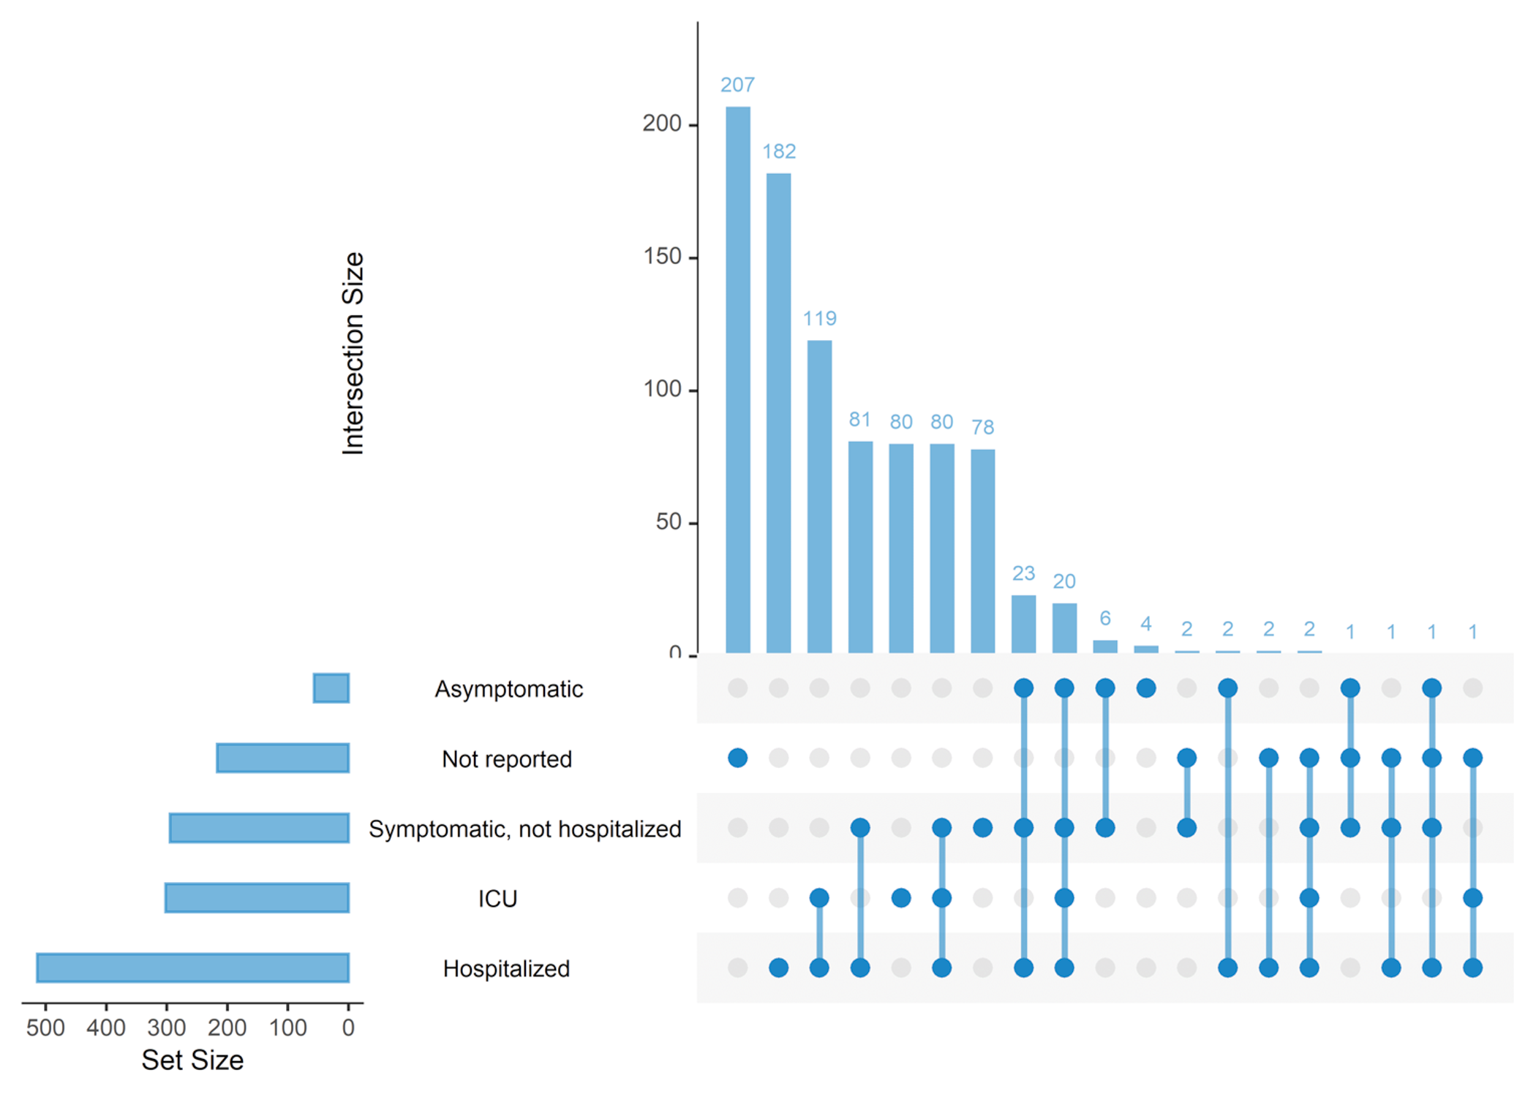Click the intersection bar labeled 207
pyautogui.click(x=737, y=380)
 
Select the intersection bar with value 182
pyautogui.click(x=778, y=413)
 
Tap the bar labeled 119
pyautogui.click(x=819, y=497)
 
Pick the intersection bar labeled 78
pyautogui.click(x=982, y=551)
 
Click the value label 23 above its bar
pyautogui.click(x=1023, y=573)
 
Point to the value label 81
pyautogui.click(x=859, y=420)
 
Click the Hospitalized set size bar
pyautogui.click(x=192, y=968)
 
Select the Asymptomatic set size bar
pyautogui.click(x=331, y=688)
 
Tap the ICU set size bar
pyautogui.click(x=257, y=898)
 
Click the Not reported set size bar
pyautogui.click(x=282, y=758)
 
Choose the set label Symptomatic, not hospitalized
pyautogui.click(x=524, y=829)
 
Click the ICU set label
pyautogui.click(x=497, y=899)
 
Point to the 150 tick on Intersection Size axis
pyautogui.click(x=662, y=257)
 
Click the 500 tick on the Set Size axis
pyautogui.click(x=45, y=1028)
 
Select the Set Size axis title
pyautogui.click(x=192, y=1060)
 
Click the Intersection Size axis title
pyautogui.click(x=353, y=353)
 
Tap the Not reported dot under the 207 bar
pyautogui.click(x=737, y=758)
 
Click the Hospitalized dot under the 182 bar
pyautogui.click(x=778, y=968)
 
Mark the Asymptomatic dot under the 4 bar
pyautogui.click(x=1145, y=688)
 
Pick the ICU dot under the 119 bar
pyautogui.click(x=819, y=897)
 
